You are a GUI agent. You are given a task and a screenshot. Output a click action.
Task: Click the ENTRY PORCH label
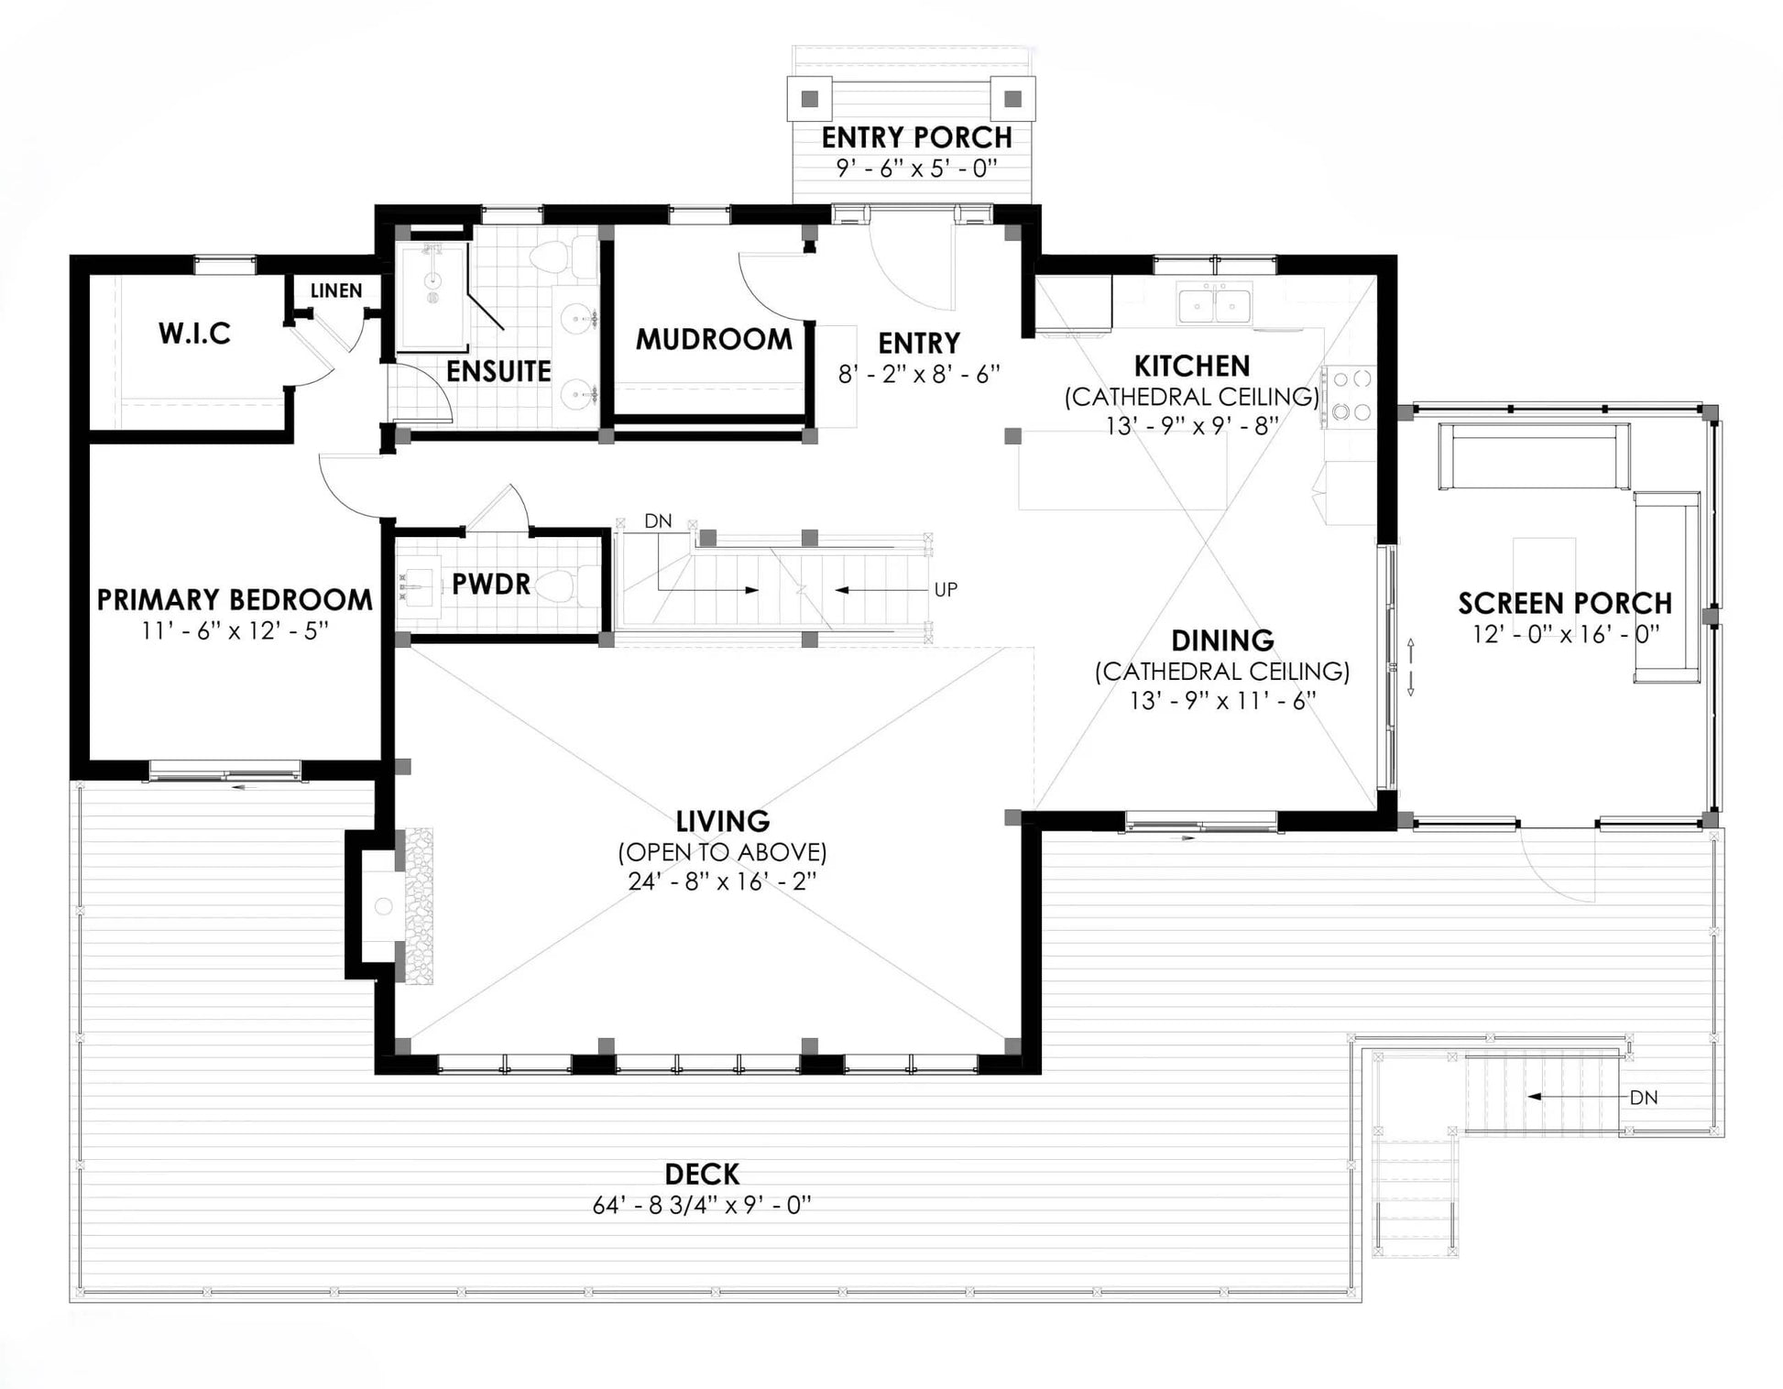[916, 137]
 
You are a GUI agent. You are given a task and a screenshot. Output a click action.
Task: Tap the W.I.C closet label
[194, 333]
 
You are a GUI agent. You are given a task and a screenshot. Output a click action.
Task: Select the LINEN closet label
[336, 290]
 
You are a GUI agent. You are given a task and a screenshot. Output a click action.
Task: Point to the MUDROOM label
[714, 339]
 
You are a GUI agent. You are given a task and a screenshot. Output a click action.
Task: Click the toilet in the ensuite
[556, 258]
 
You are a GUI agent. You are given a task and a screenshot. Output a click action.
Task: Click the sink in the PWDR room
[416, 584]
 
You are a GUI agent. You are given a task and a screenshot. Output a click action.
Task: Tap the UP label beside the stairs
[946, 590]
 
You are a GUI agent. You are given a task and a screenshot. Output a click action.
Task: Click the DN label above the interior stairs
[658, 521]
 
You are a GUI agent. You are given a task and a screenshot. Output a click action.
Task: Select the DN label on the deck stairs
[1644, 1097]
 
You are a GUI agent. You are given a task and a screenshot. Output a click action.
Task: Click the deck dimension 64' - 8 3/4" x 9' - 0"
[702, 1205]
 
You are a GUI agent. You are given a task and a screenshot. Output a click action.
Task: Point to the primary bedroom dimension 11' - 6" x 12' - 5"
[235, 630]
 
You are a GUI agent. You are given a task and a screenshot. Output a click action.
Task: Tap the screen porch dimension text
[1566, 633]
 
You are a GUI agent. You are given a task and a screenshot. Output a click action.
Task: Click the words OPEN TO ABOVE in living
[722, 852]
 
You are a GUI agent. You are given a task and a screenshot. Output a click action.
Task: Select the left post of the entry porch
[809, 99]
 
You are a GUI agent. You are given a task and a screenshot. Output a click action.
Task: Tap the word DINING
[1222, 640]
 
